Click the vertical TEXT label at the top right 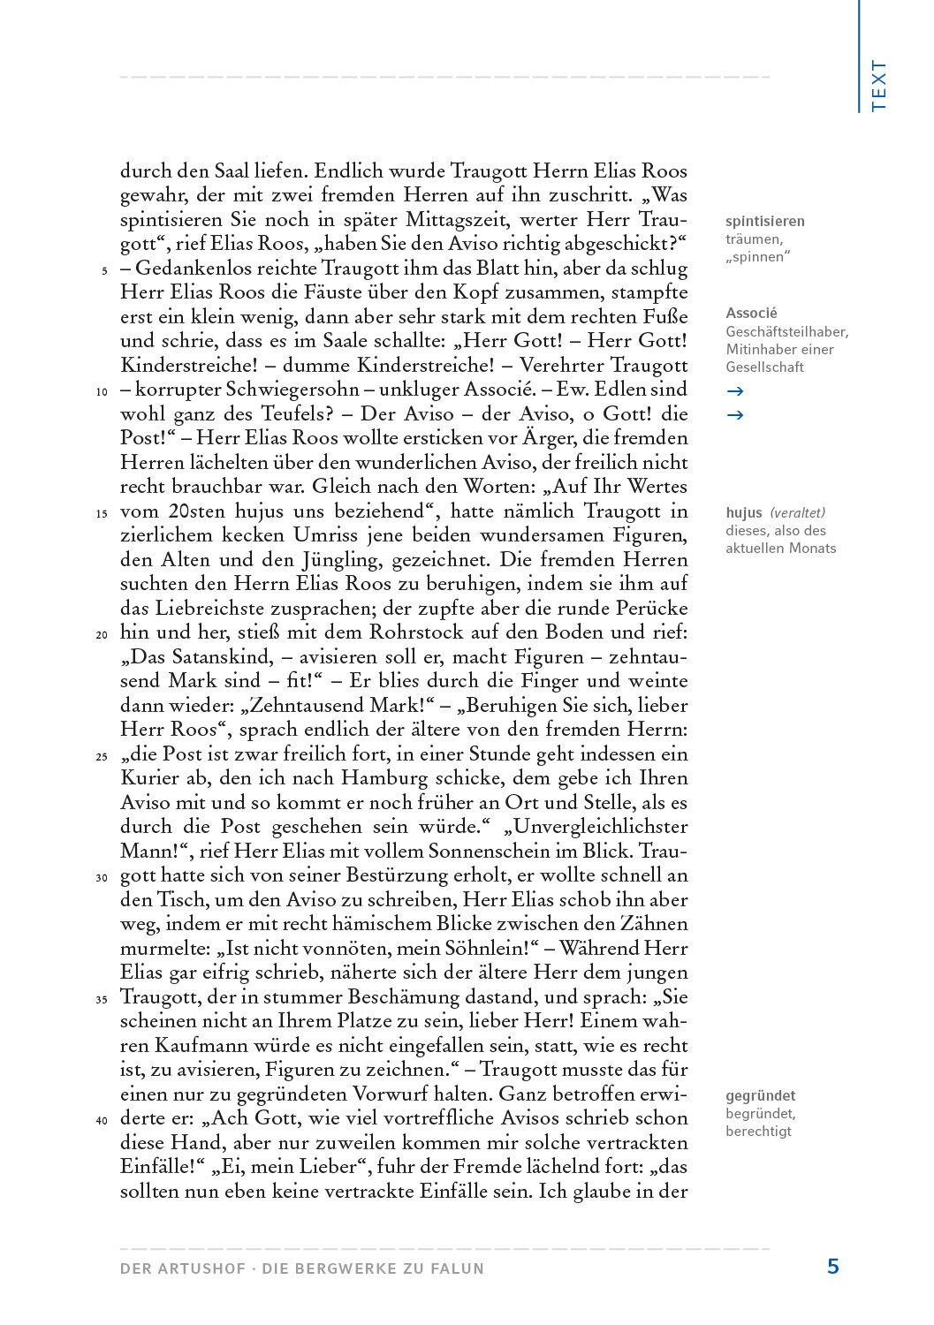(878, 86)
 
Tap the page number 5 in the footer (832, 1267)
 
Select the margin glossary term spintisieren (765, 221)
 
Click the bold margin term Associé (751, 313)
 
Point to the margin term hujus (743, 512)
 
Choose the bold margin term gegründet (760, 1095)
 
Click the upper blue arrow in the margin (734, 390)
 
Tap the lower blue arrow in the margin (734, 414)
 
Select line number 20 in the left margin (102, 634)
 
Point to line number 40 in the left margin (102, 1120)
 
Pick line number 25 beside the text (102, 756)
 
